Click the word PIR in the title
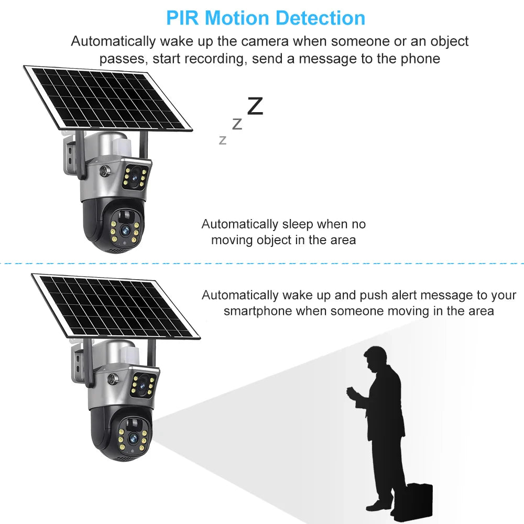183,18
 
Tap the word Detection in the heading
321,18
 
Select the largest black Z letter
255,106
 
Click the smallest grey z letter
223,140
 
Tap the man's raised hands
352,392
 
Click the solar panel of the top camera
107,99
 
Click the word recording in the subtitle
209,58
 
